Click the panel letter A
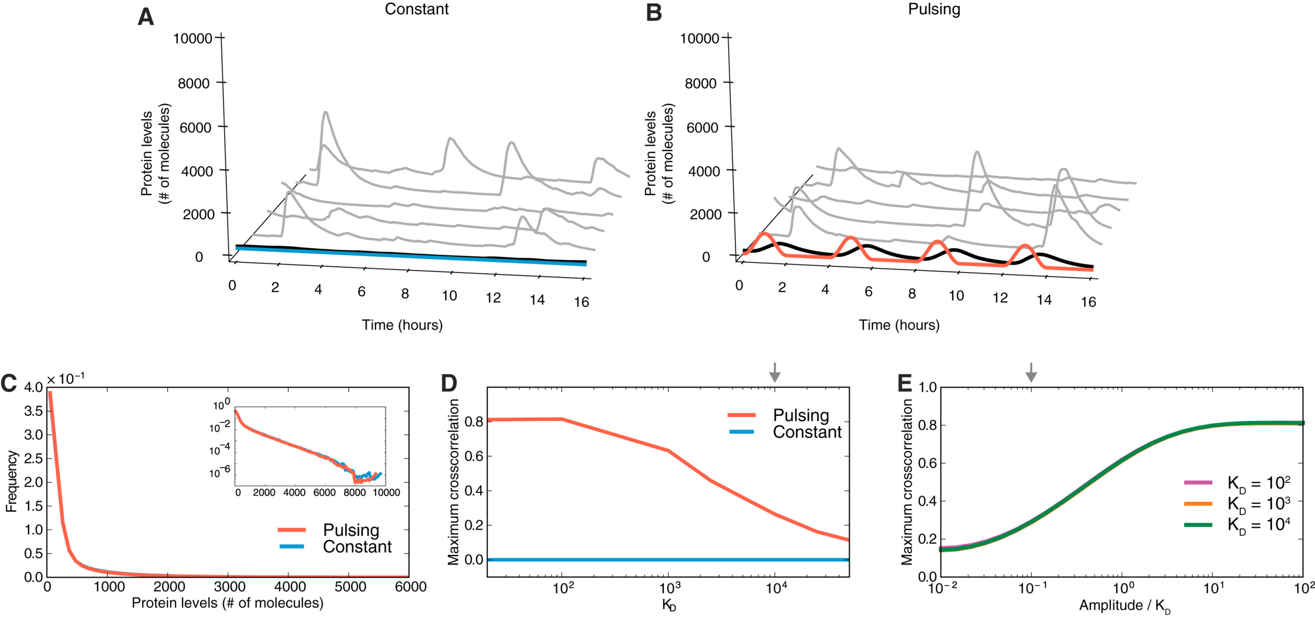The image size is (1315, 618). pos(146,17)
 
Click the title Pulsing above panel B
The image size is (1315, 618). pos(934,9)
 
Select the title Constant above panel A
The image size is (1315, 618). pos(417,9)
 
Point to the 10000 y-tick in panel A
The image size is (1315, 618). pos(193,38)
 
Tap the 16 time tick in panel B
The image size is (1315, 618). pos(1088,302)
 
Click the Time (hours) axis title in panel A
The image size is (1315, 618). pos(402,325)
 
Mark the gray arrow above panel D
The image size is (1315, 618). pos(774,372)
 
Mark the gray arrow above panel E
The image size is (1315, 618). pos(1031,372)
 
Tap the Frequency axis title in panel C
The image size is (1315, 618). pos(12,481)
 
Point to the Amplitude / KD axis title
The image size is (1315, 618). pos(1125,606)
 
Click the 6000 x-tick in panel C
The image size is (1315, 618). pos(410,587)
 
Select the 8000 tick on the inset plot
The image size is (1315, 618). pos(355,493)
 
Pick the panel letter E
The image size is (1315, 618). pos(904,384)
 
